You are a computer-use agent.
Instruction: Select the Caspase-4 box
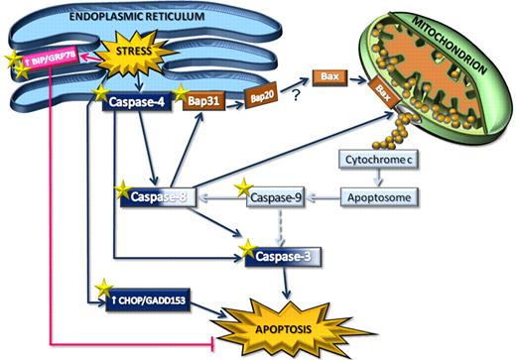(139, 101)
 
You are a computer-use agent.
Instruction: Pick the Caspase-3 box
(279, 257)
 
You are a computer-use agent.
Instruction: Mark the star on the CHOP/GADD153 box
(102, 289)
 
